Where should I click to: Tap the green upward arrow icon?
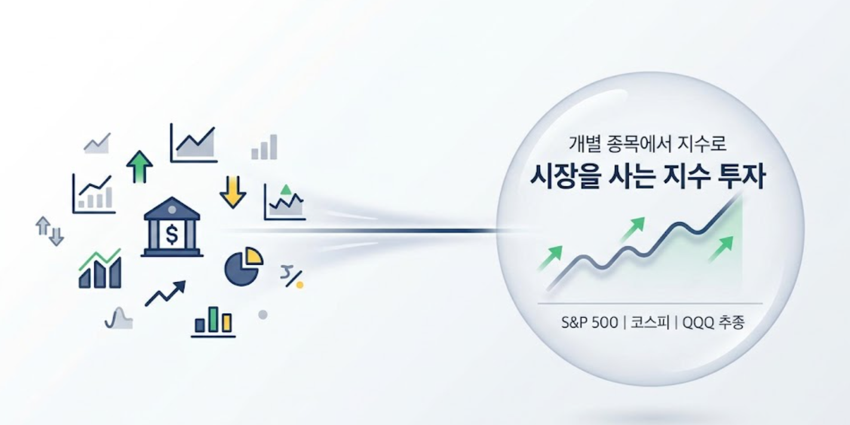click(140, 166)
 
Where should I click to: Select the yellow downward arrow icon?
click(232, 191)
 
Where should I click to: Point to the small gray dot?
click(262, 314)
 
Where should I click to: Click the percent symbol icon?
click(291, 277)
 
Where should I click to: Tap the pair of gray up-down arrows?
click(50, 231)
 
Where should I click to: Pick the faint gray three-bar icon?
click(264, 147)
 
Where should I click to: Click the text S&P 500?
click(590, 323)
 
